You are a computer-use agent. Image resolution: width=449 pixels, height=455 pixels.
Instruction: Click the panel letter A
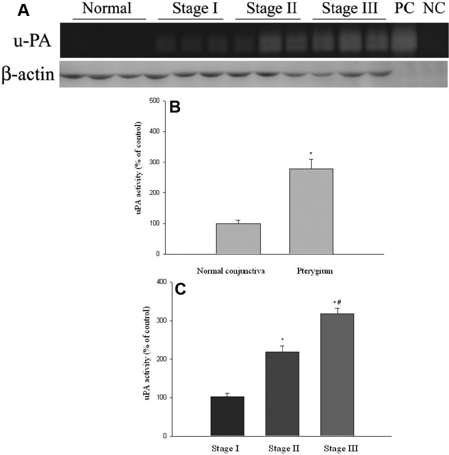24,10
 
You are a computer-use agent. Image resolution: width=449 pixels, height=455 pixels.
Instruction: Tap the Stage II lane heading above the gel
272,8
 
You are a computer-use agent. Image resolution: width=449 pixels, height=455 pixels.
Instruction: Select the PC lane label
404,8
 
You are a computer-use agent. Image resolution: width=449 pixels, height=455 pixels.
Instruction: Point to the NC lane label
433,8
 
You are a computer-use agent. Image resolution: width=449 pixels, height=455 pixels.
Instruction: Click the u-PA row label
33,40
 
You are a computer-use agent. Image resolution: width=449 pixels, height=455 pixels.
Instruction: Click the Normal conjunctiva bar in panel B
238,239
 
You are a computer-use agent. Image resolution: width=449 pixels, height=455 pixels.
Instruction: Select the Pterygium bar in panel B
311,211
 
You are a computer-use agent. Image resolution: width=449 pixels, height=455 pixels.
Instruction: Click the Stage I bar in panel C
227,416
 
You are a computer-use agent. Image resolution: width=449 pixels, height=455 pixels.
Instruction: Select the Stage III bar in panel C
337,375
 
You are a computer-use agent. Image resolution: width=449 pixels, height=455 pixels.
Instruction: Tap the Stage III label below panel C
341,449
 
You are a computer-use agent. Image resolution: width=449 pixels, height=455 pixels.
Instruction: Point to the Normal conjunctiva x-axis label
231,272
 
